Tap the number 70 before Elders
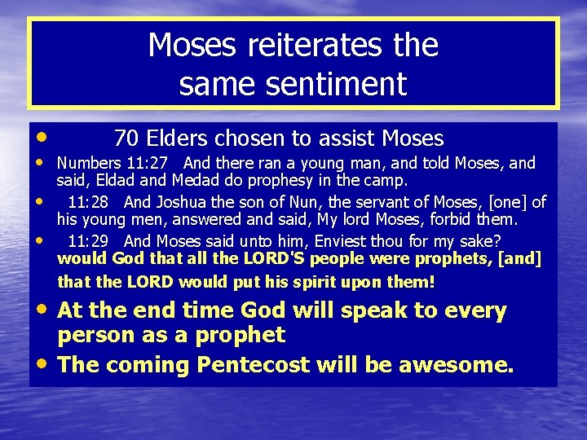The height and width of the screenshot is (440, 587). (x=126, y=139)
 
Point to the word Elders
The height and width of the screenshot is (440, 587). (x=174, y=139)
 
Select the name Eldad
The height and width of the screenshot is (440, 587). (x=117, y=180)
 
